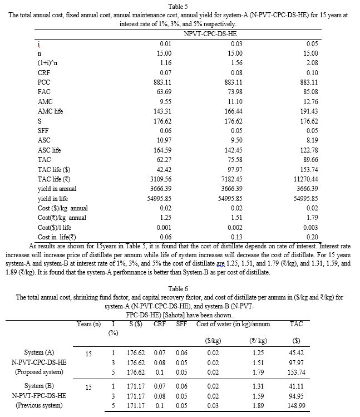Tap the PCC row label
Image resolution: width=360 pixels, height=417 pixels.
click(44, 82)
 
